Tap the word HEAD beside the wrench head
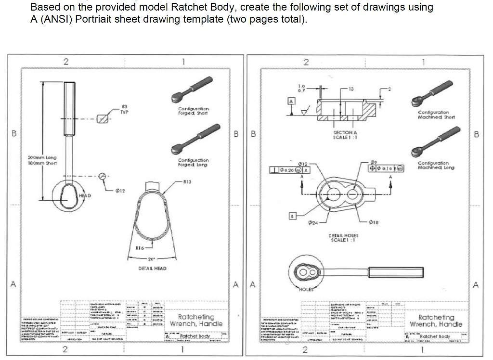click(85, 195)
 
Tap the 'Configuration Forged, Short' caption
click(193, 111)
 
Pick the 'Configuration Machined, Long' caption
click(433, 165)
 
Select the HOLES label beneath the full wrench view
click(306, 289)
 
